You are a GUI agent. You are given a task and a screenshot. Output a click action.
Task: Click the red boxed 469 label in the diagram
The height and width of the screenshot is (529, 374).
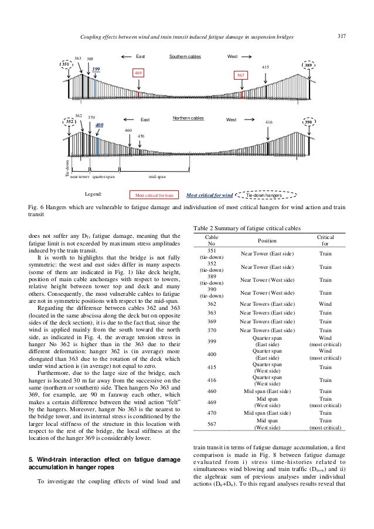(139, 73)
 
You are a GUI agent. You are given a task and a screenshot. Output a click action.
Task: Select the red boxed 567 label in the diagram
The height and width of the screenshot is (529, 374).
(240, 76)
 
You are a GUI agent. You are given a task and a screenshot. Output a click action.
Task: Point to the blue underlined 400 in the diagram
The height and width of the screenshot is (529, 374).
(99, 125)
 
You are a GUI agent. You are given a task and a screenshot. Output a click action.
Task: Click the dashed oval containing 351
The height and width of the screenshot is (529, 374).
(67, 64)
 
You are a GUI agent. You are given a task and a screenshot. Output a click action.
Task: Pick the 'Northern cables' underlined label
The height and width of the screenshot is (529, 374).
(188, 118)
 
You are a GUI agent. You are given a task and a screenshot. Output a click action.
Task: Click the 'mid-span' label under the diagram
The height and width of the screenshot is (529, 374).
(157, 176)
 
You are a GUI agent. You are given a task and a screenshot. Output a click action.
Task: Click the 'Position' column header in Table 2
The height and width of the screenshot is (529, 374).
(268, 240)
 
